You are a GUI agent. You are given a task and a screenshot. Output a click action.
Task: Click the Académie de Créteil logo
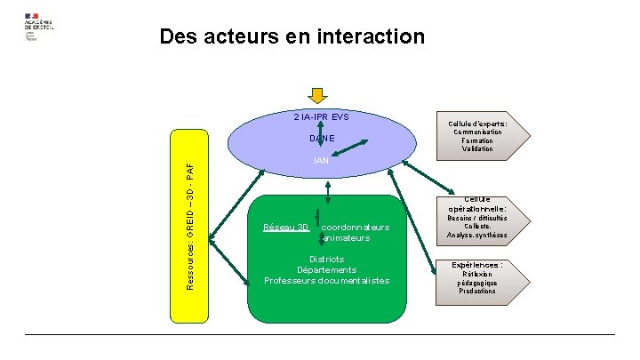coord(39,26)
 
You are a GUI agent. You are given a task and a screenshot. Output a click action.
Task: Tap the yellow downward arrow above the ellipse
coord(318,97)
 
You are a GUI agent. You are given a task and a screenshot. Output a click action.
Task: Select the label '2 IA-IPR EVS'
coord(322,116)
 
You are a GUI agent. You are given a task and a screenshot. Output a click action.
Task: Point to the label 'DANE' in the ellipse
coord(322,139)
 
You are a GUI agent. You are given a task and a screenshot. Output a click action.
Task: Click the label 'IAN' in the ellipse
coord(322,161)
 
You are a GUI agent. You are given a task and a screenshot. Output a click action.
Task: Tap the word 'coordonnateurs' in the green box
coord(356,228)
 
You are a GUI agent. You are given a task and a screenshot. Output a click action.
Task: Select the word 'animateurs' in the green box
coord(348,238)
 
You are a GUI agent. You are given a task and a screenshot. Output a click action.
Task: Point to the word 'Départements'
coord(326,270)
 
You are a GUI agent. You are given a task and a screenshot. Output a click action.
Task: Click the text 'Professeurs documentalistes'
coord(326,281)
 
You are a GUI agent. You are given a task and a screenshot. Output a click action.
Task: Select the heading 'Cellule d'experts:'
coord(477,124)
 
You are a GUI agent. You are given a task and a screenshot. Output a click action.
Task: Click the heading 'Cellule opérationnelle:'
coord(478,204)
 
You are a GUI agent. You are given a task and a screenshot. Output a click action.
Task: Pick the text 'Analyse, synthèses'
coord(478,236)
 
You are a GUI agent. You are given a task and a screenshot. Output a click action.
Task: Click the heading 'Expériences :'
coord(477,265)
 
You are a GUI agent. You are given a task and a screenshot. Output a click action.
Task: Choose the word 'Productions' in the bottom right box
coord(477,291)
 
